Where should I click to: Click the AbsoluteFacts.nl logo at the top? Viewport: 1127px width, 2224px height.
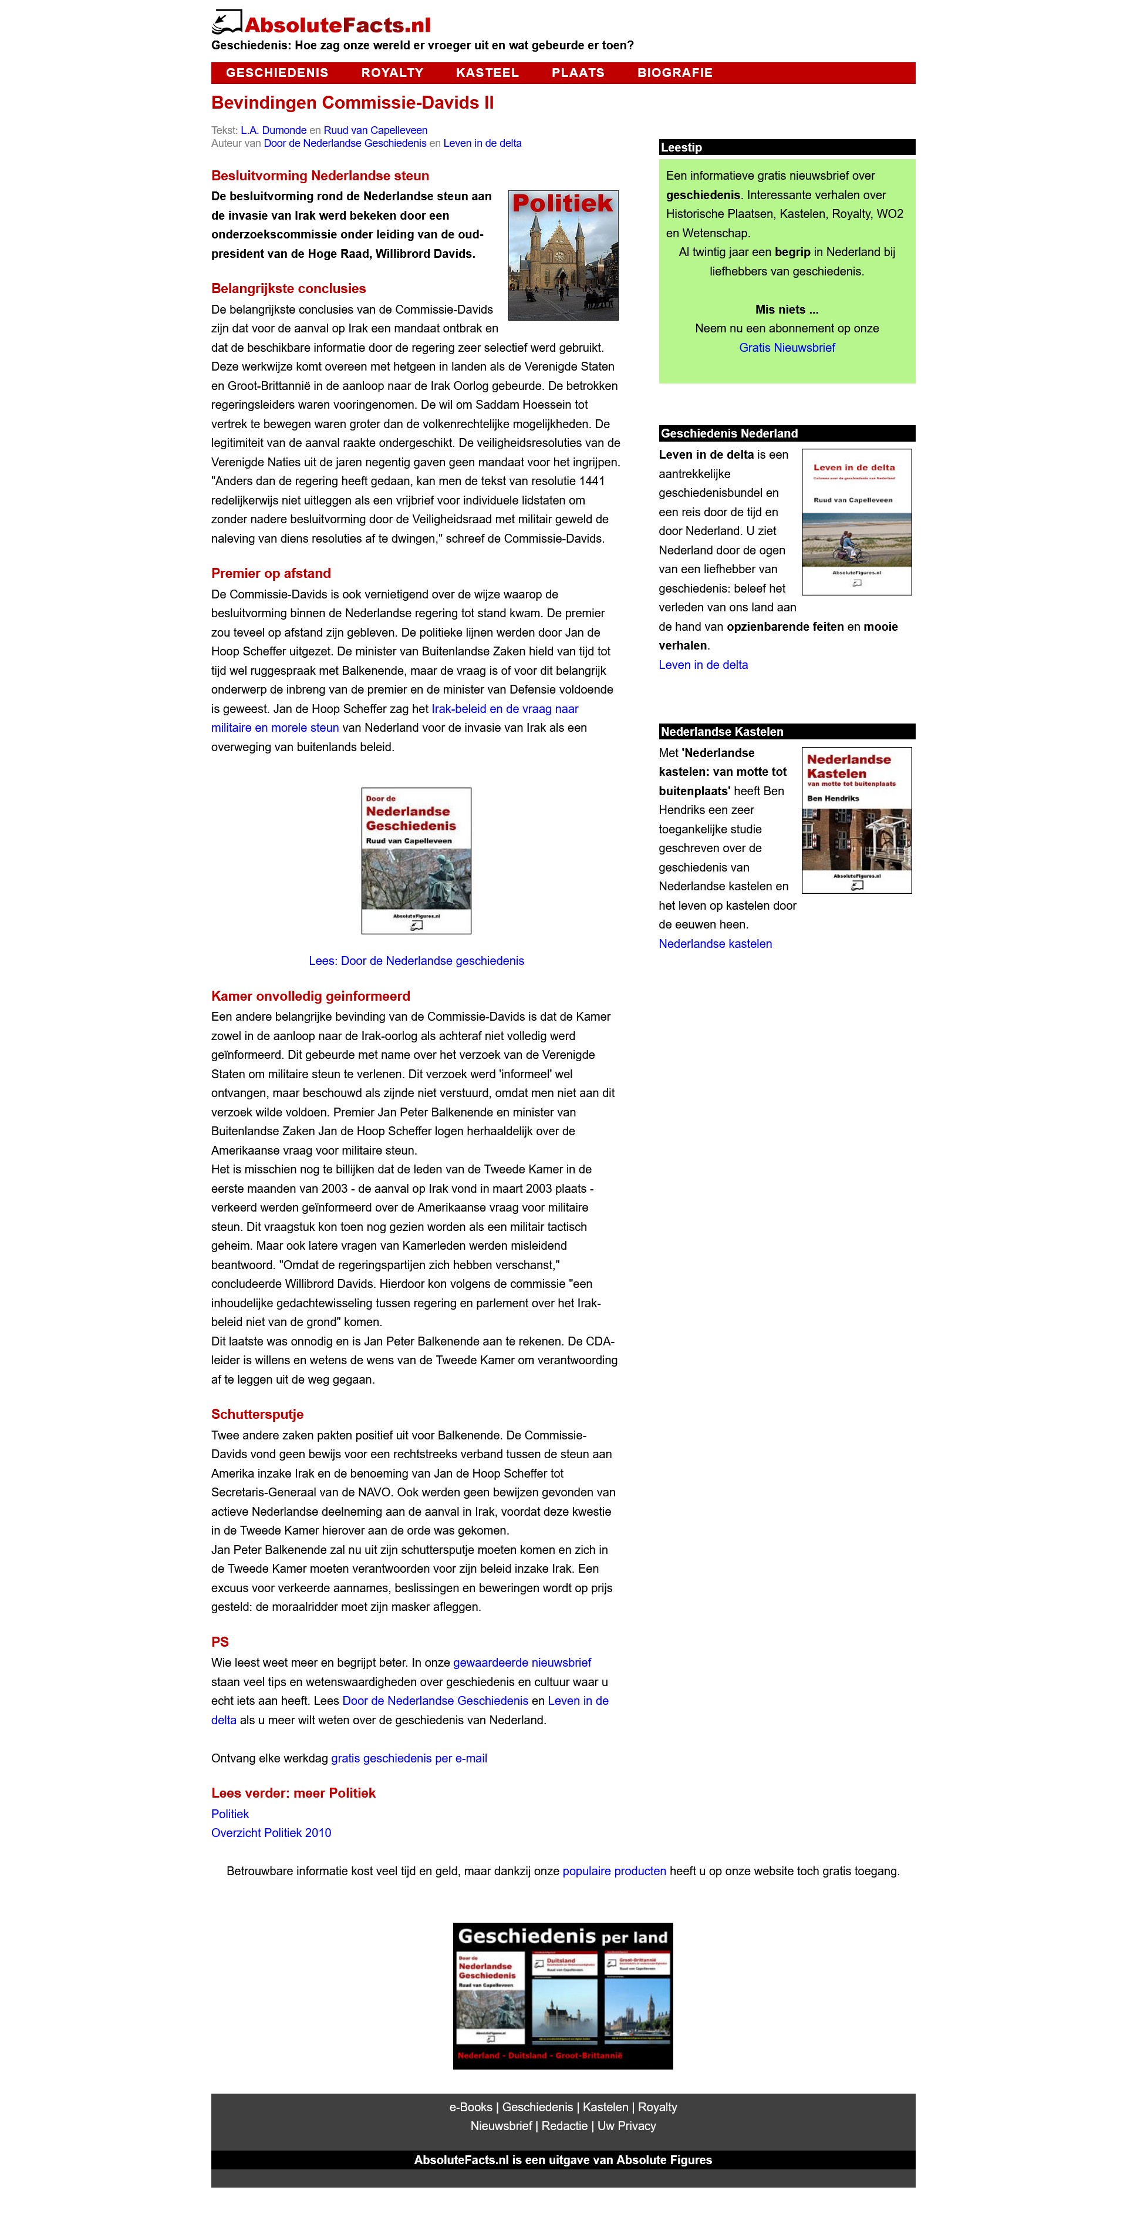321,23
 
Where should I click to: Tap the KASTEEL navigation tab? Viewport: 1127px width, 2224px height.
488,72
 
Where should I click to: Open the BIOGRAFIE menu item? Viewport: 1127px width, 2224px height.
675,72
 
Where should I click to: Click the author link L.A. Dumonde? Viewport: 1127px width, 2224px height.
274,130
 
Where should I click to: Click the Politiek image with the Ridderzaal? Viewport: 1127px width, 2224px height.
563,255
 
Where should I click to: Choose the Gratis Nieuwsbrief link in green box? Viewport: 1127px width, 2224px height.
787,348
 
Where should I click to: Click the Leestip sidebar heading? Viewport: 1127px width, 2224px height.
681,147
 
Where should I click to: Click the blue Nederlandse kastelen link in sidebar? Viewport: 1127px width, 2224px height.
716,944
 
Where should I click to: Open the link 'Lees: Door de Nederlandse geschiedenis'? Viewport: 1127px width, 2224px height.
416,961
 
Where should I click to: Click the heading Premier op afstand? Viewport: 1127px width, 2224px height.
271,573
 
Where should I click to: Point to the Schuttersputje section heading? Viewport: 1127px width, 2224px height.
257,1414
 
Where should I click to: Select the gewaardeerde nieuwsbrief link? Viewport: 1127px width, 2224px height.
522,1663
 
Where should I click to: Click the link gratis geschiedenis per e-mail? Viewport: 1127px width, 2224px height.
409,1759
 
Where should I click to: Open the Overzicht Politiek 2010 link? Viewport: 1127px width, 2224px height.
271,1833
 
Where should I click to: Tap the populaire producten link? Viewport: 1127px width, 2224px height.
615,1872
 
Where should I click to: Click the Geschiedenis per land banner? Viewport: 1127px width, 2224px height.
563,1995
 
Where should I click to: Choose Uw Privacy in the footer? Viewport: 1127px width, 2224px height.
626,2127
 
